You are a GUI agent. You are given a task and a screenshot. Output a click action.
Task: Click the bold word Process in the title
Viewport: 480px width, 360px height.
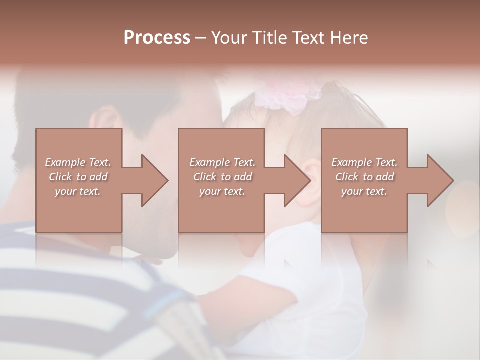157,38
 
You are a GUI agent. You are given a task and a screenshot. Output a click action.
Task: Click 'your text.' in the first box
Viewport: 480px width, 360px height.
78,191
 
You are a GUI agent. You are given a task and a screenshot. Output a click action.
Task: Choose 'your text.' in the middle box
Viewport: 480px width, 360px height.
222,191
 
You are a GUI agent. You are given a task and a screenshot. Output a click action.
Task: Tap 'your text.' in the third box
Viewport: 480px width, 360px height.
364,191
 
